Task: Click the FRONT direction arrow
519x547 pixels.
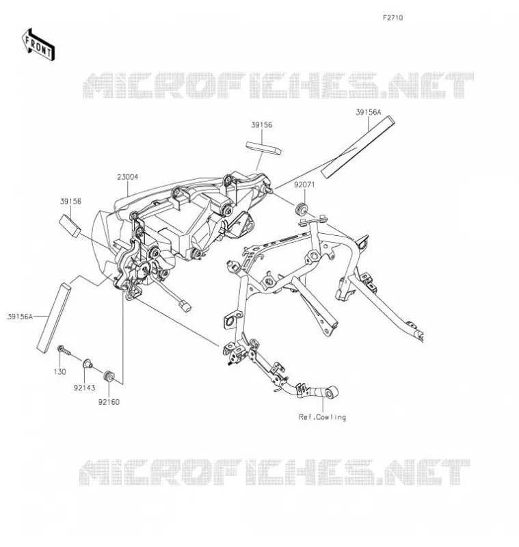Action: pos(38,45)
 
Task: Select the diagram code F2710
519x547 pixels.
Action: pos(392,18)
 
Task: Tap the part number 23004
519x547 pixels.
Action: pos(127,177)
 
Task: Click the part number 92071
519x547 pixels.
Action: pos(304,185)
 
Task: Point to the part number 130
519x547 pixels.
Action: pos(59,372)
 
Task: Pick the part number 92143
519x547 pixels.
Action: pos(84,388)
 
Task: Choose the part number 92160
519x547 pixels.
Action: pos(109,402)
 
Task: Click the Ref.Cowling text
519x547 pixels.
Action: pos(322,417)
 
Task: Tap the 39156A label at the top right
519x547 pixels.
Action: pos(369,112)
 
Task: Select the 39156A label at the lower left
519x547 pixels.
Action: pos(20,317)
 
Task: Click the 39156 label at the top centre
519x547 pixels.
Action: pos(262,125)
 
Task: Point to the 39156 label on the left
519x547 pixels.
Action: pos(70,201)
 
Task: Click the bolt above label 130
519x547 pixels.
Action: pos(64,350)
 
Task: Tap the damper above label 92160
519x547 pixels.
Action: pos(109,377)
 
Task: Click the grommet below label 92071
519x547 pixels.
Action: pos(302,208)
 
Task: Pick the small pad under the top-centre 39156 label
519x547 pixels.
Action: pos(263,148)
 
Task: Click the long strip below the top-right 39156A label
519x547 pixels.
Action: pos(358,147)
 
